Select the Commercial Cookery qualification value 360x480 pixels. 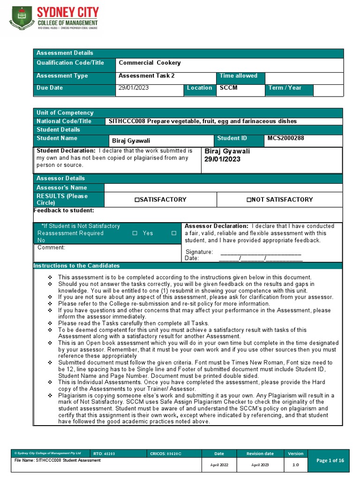(x=150, y=63)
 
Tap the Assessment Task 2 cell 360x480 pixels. (x=146, y=75)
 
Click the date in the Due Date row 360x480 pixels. (x=134, y=88)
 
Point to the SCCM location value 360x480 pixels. (x=228, y=88)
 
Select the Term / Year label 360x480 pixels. (x=285, y=88)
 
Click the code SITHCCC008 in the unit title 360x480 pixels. (x=127, y=121)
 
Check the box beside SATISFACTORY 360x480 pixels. (x=137, y=200)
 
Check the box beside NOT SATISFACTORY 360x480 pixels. (x=249, y=200)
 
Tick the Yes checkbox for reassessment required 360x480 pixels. (x=135, y=233)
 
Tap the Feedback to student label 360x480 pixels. (x=64, y=210)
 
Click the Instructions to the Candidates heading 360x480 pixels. (x=76, y=266)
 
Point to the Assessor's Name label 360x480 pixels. (x=61, y=187)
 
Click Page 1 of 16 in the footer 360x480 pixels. (x=330, y=461)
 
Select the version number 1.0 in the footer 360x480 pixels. (x=296, y=465)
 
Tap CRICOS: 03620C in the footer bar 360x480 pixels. (x=165, y=454)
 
